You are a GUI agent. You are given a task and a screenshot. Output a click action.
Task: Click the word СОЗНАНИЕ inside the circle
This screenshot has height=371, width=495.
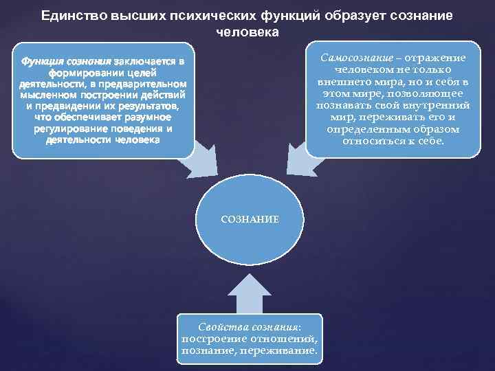(x=249, y=219)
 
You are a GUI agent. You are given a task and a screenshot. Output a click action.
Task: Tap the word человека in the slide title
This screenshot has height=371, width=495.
(x=247, y=32)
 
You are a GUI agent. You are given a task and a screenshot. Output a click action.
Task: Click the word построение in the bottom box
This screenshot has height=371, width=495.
(x=212, y=339)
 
